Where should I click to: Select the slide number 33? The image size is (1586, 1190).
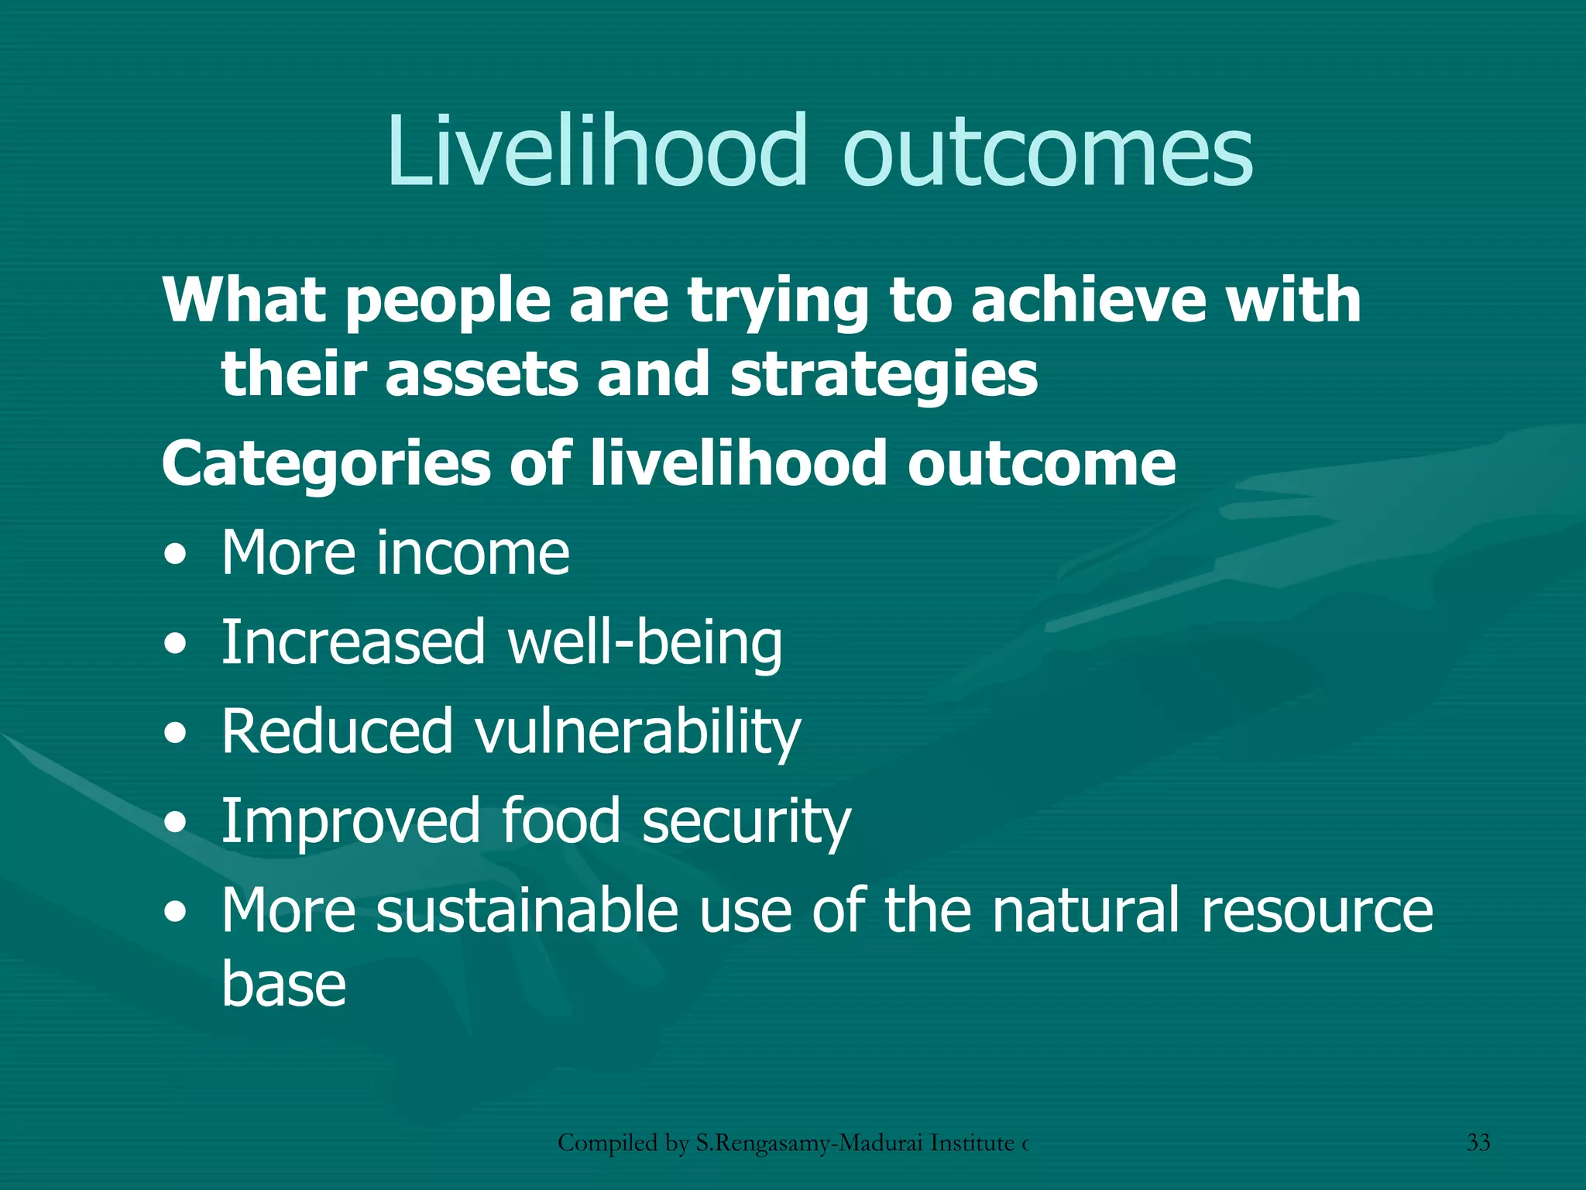(x=1478, y=1142)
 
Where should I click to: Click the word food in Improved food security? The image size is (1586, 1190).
(x=561, y=821)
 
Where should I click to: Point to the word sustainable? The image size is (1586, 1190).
(x=527, y=911)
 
